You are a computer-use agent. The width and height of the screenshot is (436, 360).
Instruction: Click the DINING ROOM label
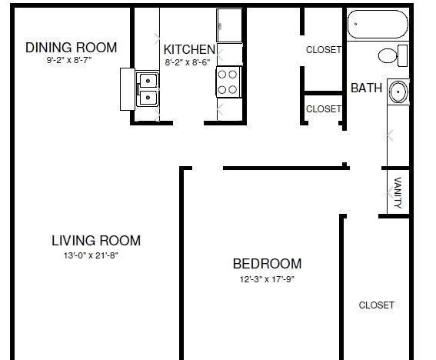72,48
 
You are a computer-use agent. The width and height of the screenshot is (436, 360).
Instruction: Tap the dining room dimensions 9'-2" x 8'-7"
69,60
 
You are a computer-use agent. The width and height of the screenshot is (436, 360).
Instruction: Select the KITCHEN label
190,49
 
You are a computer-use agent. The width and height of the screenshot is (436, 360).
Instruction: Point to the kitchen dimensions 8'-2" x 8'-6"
188,62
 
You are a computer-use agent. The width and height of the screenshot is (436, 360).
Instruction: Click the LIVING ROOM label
96,241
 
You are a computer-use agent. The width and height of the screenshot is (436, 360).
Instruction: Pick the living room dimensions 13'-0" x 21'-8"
92,255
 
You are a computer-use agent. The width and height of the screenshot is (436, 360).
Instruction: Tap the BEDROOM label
268,264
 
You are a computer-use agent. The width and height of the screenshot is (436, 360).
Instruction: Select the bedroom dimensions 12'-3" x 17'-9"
268,279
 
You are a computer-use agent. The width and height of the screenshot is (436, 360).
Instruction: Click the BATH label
367,88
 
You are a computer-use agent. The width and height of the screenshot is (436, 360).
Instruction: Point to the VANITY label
398,192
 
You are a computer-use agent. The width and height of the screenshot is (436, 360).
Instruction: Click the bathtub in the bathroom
378,24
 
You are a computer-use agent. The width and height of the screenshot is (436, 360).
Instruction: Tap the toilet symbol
393,55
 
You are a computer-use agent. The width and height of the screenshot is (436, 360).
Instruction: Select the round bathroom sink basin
398,92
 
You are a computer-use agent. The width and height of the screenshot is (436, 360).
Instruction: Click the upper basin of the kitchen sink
148,81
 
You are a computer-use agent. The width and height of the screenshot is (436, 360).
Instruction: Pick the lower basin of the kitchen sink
148,98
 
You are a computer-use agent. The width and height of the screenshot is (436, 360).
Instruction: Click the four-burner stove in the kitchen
228,82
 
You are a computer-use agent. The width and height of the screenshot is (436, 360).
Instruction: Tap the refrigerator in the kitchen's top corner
229,25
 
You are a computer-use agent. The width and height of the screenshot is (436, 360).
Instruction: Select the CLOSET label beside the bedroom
377,305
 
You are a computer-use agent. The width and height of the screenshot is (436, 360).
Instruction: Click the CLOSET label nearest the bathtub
324,50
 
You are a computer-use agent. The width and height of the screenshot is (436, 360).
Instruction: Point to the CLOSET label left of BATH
324,109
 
